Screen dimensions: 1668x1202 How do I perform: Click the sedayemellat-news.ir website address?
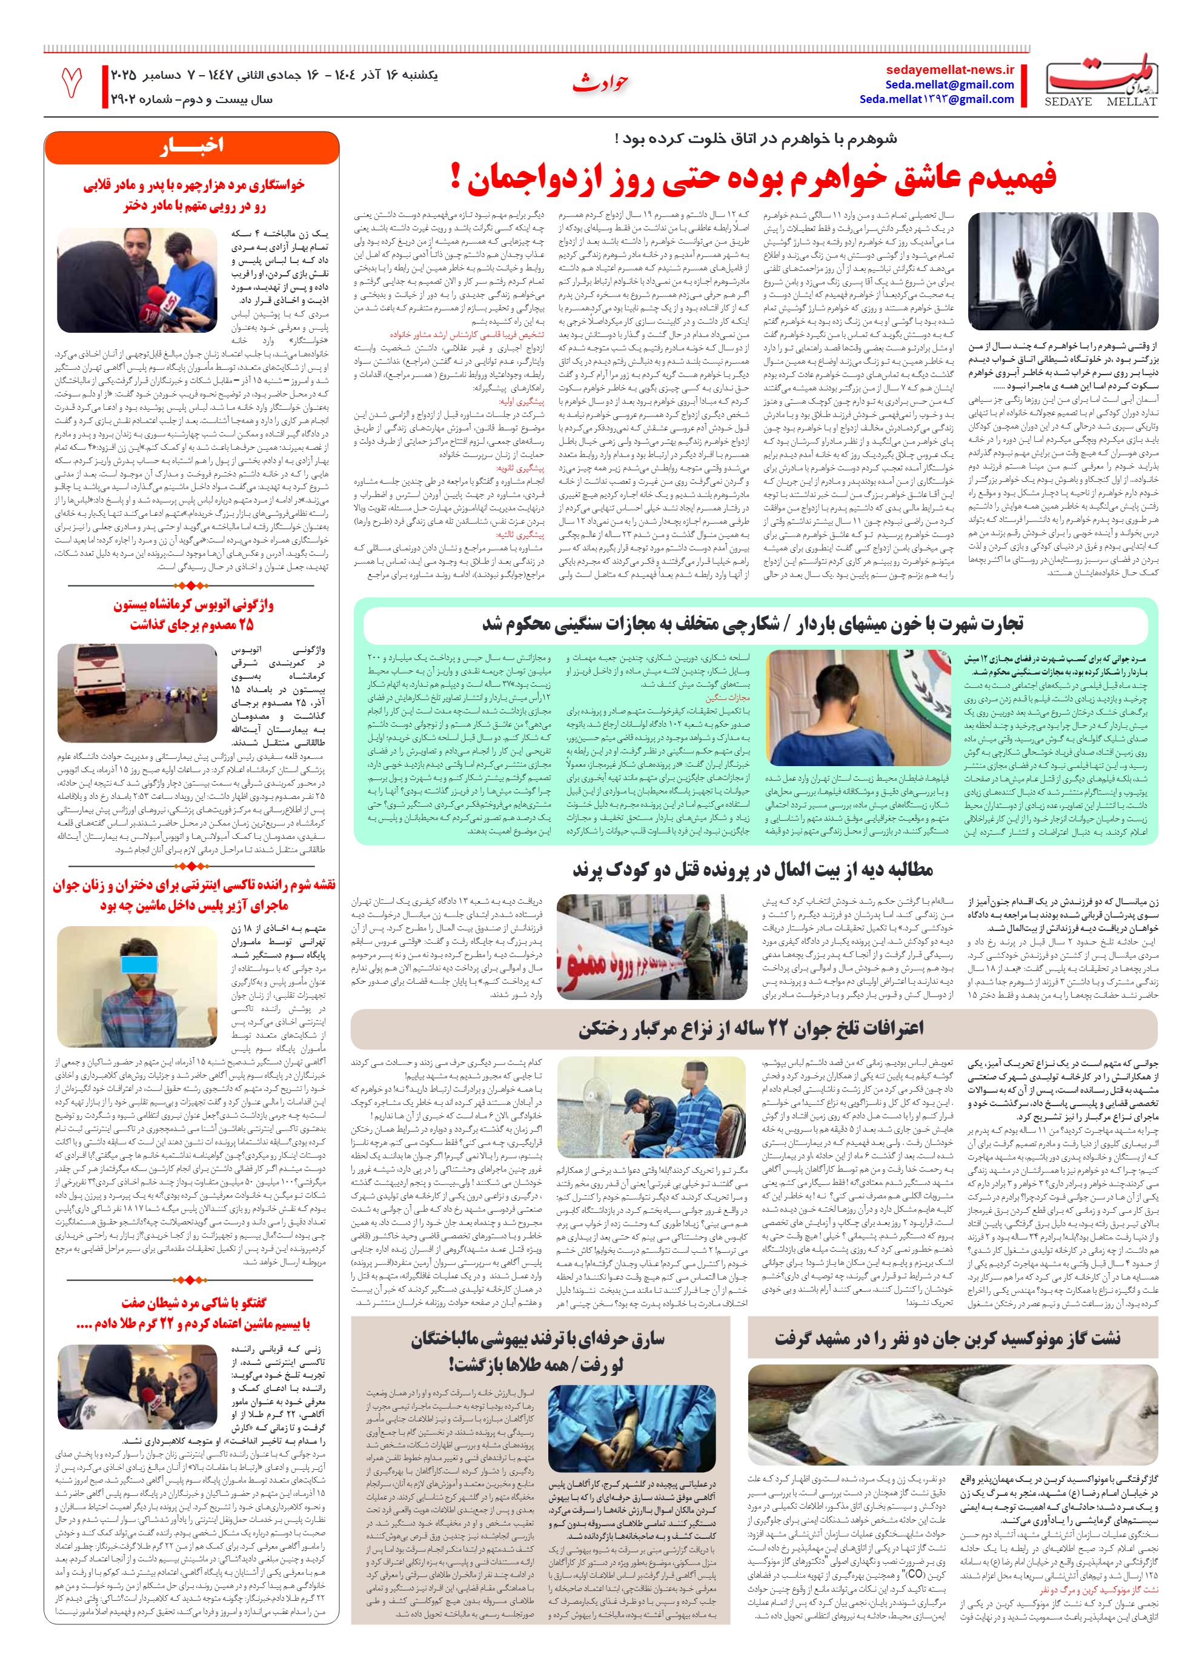tap(950, 70)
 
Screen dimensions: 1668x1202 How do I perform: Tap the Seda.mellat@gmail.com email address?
tap(950, 85)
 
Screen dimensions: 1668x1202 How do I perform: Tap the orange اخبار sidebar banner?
tap(191, 146)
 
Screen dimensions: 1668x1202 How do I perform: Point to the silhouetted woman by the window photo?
tap(1062, 271)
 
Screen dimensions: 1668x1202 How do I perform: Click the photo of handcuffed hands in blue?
tap(633, 1427)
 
